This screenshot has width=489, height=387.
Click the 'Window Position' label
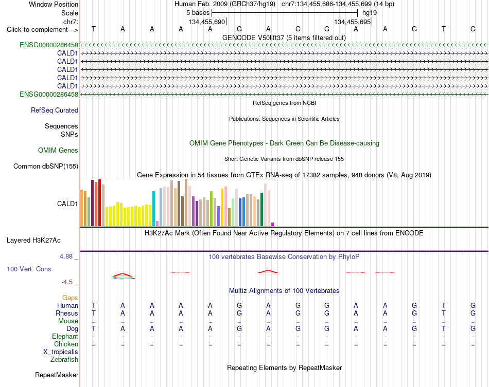pyautogui.click(x=54, y=4)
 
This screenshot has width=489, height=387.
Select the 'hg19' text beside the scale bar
pyautogui.click(x=370, y=13)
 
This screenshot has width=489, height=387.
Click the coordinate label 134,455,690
pyautogui.click(x=207, y=22)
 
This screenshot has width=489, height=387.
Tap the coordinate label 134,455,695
pyautogui.click(x=353, y=22)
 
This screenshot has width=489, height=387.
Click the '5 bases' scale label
pyautogui.click(x=198, y=13)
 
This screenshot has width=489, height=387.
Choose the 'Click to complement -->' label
pyautogui.click(x=42, y=30)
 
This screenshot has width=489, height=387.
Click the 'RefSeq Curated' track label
pyautogui.click(x=55, y=110)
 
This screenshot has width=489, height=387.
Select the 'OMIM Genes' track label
pyautogui.click(x=58, y=151)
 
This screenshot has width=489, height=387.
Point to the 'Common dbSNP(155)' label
pyautogui.click(x=46, y=166)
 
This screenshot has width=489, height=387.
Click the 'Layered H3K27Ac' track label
pyautogui.click(x=33, y=241)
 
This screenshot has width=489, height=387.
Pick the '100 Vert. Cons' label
pyautogui.click(x=29, y=269)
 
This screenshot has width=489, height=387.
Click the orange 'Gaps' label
pyautogui.click(x=70, y=298)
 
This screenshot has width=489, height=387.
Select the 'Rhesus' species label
pyautogui.click(x=67, y=313)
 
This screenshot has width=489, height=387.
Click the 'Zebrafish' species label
pyautogui.click(x=64, y=360)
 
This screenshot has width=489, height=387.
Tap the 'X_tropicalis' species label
pyautogui.click(x=61, y=352)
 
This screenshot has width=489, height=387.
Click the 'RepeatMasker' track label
pyautogui.click(x=57, y=375)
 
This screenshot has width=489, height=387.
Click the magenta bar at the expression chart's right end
pyautogui.click(x=273, y=224)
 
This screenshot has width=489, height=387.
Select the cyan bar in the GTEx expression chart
pyautogui.click(x=153, y=209)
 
